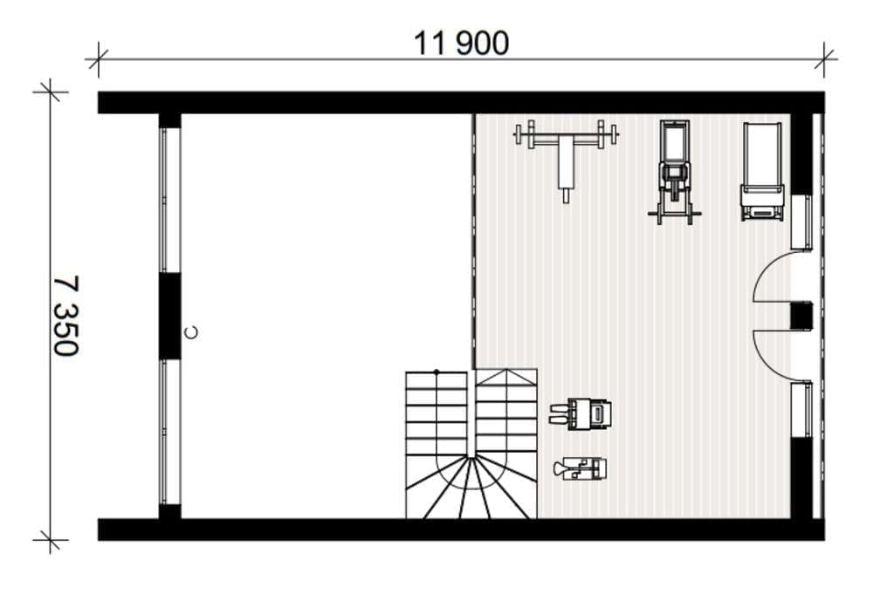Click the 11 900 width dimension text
click(x=461, y=43)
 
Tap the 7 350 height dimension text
click(x=65, y=316)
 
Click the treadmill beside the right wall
click(x=762, y=171)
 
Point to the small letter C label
click(x=191, y=332)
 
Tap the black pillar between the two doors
click(x=801, y=316)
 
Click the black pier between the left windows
click(x=170, y=316)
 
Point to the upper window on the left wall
click(x=170, y=201)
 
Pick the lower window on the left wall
click(x=170, y=432)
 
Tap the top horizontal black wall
click(x=461, y=103)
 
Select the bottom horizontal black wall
click(x=461, y=529)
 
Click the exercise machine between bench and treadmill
click(x=674, y=173)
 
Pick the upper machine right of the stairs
click(x=581, y=413)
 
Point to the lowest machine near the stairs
click(x=581, y=469)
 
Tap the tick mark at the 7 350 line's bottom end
click(x=51, y=539)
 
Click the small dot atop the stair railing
click(x=436, y=371)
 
